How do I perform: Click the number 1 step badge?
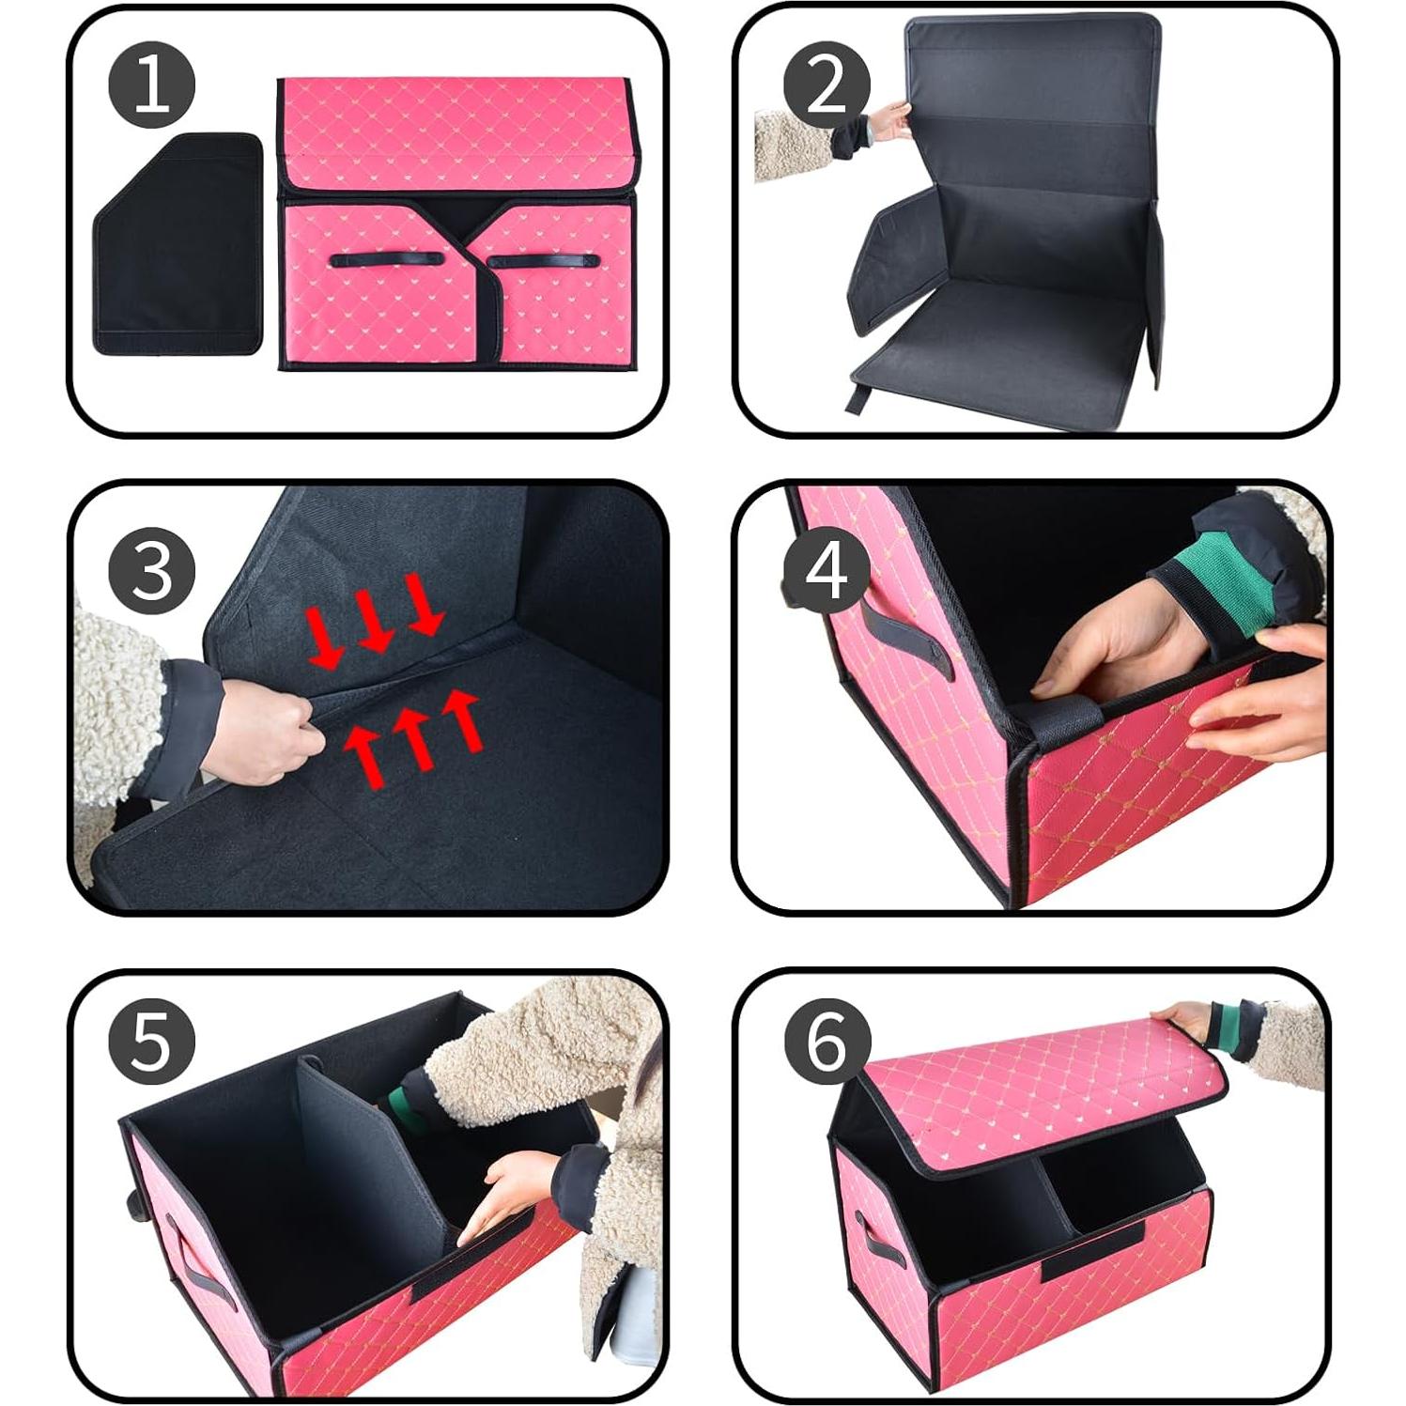click(x=151, y=85)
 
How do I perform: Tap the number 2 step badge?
click(x=827, y=85)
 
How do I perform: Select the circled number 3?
click(x=151, y=570)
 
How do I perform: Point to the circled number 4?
click(x=827, y=570)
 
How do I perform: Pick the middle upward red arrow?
click(x=413, y=737)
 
